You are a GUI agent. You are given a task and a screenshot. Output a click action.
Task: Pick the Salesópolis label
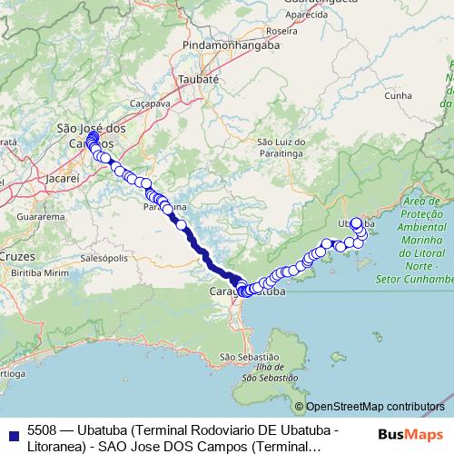[x=100, y=258]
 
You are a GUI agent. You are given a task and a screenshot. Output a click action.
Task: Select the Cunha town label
[x=399, y=94]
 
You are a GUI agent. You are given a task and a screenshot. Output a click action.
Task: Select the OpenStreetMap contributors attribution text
[x=375, y=408]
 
